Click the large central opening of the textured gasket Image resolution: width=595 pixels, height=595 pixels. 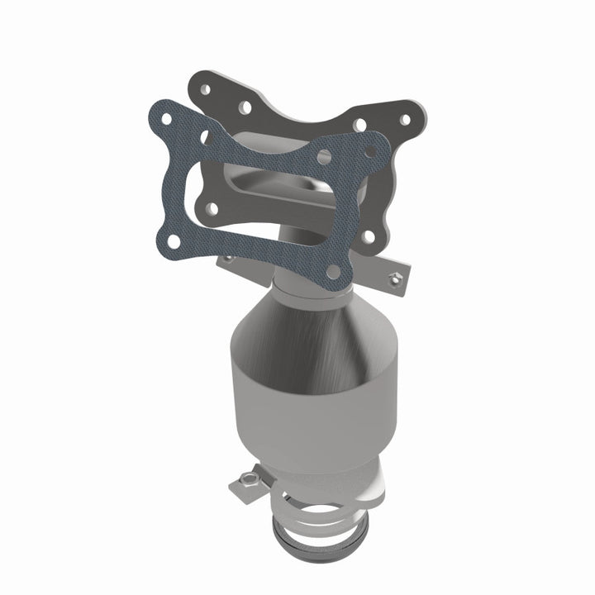click(248, 198)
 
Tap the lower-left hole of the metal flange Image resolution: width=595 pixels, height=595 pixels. click(212, 207)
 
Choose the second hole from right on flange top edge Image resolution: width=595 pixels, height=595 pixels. click(360, 125)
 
